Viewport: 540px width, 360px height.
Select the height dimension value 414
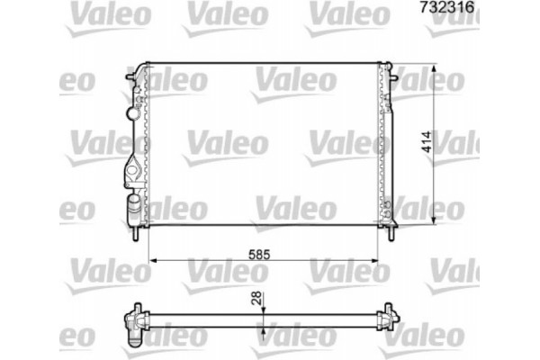coord(448,143)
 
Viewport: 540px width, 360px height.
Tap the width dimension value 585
coord(260,254)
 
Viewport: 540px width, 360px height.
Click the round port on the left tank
coord(136,114)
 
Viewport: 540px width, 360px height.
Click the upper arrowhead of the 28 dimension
coord(263,310)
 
